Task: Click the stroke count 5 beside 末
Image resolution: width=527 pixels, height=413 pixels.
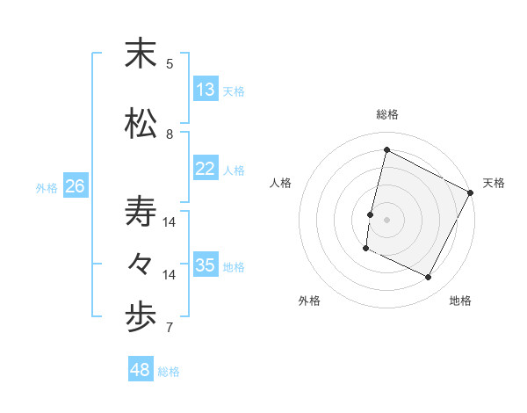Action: [x=170, y=63]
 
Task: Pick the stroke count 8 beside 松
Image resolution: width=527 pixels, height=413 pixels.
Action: [x=170, y=134]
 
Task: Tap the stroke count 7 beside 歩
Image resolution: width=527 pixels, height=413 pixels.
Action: [x=170, y=329]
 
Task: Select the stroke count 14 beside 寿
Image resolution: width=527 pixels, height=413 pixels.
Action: [x=170, y=222]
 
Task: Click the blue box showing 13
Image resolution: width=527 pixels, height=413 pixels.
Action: [x=205, y=90]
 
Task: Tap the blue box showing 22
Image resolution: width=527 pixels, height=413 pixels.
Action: [x=205, y=169]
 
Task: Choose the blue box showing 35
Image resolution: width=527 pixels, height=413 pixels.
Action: [x=205, y=265]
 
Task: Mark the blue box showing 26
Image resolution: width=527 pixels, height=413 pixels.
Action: [x=76, y=186]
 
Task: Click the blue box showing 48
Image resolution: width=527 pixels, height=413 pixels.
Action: [x=141, y=370]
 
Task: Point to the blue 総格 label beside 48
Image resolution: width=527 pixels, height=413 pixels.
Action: [x=169, y=372]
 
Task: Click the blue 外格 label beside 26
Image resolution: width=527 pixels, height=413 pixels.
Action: [x=47, y=187]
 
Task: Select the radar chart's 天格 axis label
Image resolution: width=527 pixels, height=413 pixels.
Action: [x=494, y=183]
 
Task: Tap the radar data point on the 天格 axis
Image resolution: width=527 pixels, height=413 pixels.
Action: [x=471, y=192]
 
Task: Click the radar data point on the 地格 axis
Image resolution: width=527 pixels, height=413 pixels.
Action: [x=429, y=278]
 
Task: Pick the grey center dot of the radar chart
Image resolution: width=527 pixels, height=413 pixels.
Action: [x=386, y=220]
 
